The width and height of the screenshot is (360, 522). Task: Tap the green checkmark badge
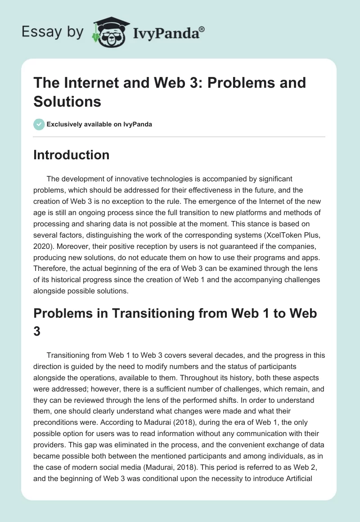pos(39,124)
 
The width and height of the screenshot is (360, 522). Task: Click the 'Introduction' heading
pos(72,155)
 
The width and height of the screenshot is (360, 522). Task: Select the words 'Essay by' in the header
pos(53,32)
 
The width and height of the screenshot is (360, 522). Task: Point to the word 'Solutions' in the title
pos(67,101)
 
